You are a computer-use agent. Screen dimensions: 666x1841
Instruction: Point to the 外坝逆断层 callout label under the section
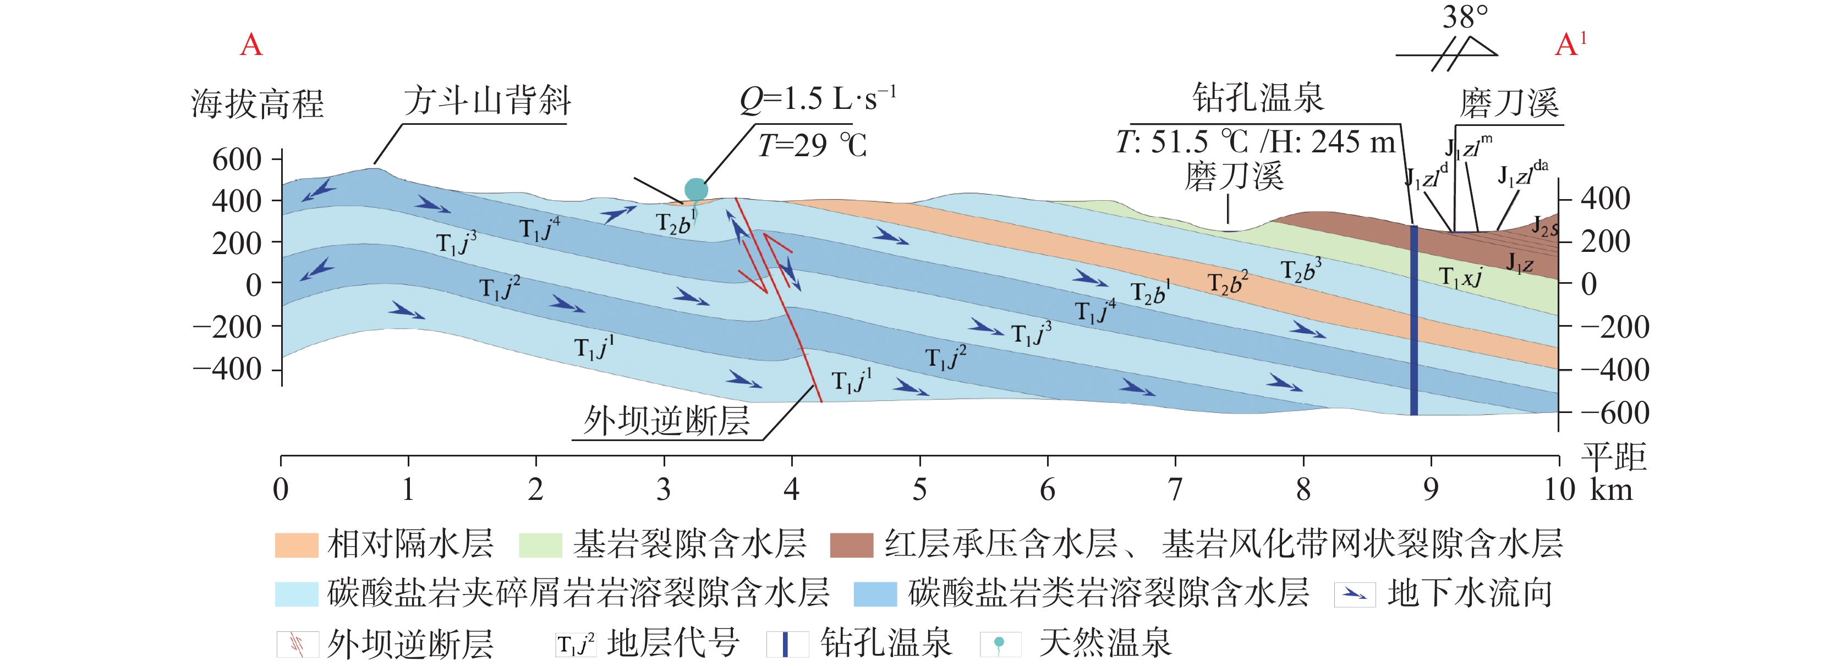(666, 420)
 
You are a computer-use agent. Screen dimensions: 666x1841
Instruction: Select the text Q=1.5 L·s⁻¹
(818, 100)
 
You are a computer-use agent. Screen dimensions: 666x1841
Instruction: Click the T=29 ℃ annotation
(812, 146)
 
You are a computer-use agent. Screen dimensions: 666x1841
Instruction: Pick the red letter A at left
(251, 45)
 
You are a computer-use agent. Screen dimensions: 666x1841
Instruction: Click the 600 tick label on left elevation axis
(237, 159)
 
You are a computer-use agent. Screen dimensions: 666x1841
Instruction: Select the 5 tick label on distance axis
(920, 490)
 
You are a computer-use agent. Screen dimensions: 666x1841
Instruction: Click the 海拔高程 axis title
(257, 103)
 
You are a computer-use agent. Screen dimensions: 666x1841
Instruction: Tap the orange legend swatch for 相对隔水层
(296, 544)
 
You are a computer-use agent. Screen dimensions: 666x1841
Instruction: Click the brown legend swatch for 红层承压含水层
(851, 544)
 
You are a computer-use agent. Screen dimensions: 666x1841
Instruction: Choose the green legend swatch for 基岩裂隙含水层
(540, 544)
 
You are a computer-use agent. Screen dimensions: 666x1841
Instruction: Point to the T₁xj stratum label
(1460, 277)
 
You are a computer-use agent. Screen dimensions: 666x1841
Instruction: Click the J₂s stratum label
(1544, 227)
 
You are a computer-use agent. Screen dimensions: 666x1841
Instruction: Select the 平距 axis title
(1614, 456)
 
